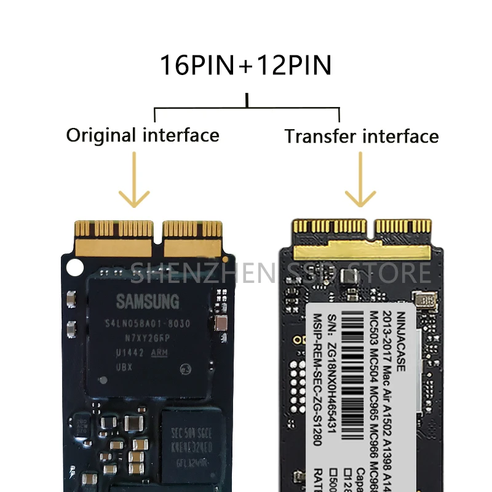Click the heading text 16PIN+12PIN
click(x=245, y=65)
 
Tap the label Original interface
click(x=143, y=135)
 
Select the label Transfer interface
click(x=362, y=136)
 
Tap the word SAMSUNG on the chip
click(x=148, y=301)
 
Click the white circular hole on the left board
click(x=74, y=268)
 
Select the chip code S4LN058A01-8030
click(x=147, y=323)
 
